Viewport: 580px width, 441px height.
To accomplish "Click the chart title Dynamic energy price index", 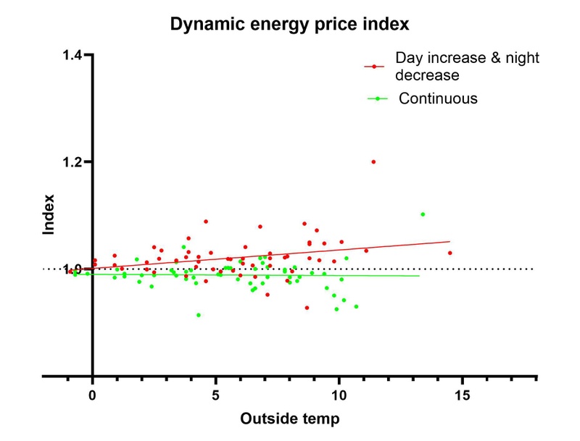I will click(290, 24).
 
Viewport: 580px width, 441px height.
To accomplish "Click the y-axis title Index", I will click(49, 214).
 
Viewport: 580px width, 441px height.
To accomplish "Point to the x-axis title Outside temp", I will click(289, 418).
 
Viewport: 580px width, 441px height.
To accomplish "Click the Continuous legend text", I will click(439, 98).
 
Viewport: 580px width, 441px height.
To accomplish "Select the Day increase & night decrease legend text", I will click(467, 66).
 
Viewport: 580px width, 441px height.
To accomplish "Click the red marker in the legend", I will click(374, 66).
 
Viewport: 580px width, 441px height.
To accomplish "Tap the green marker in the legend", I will click(374, 98).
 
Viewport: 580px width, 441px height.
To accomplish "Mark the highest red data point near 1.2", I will click(373, 161).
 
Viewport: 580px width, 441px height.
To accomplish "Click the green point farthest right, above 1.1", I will click(423, 214).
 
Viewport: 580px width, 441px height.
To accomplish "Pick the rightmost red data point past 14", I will click(450, 253).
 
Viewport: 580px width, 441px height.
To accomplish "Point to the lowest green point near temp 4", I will click(199, 315).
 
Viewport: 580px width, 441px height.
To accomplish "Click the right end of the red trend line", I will click(450, 242).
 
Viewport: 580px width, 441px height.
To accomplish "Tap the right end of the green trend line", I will click(419, 276).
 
